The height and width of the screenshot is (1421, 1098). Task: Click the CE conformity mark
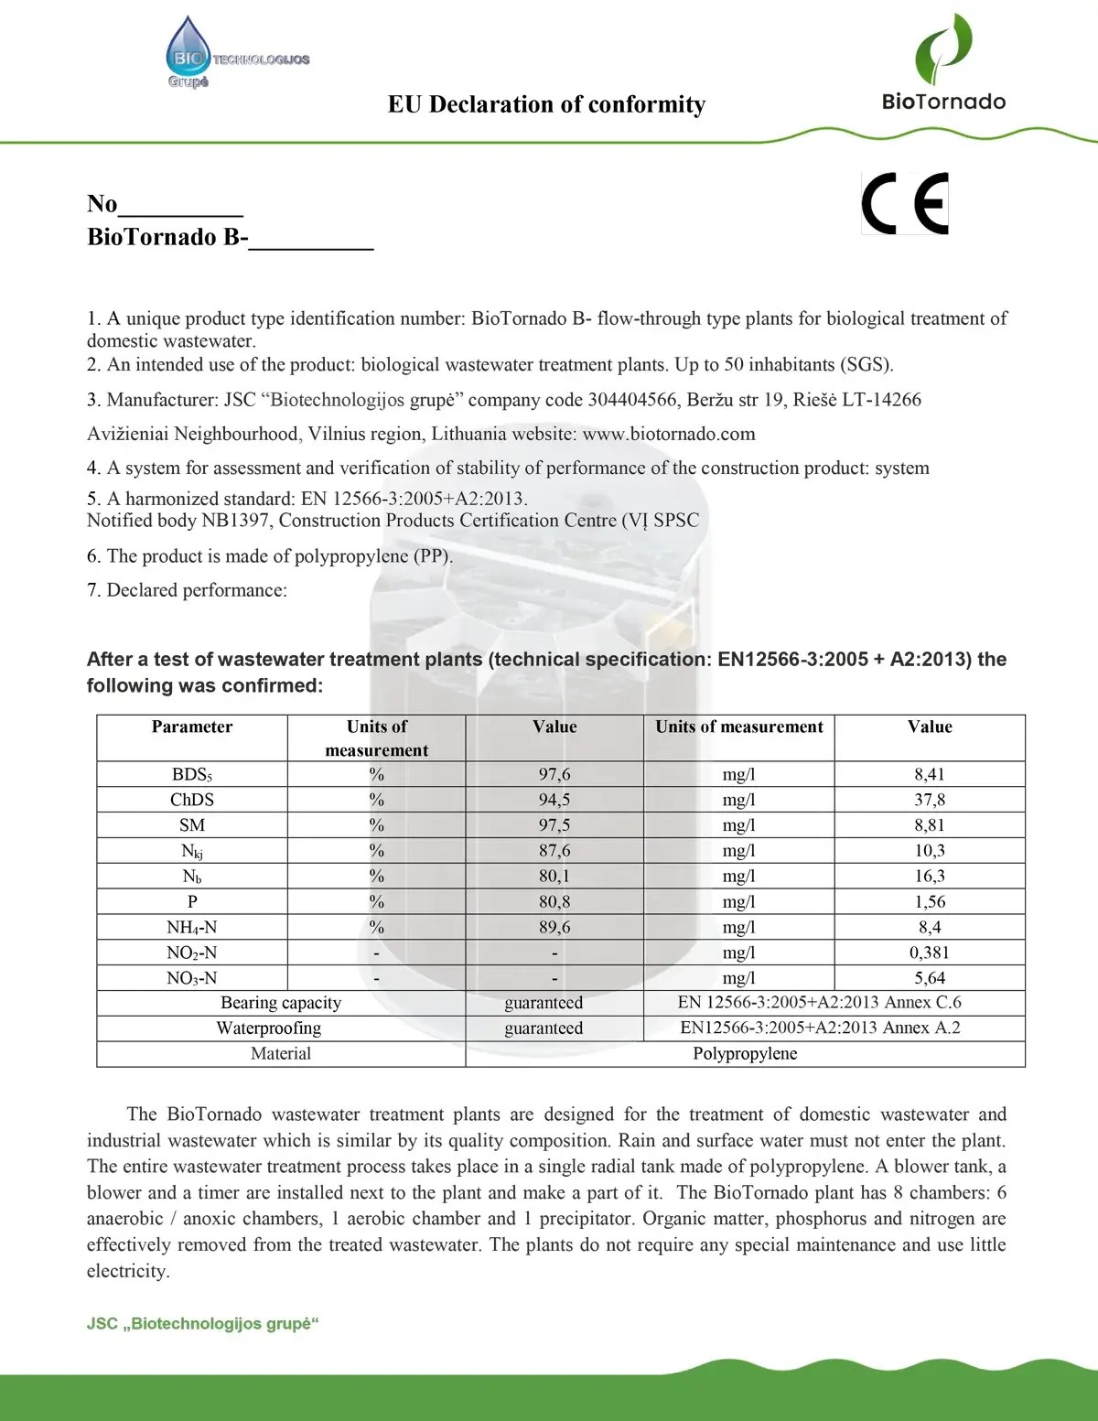pos(905,203)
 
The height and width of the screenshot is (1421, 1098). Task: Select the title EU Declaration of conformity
pos(546,104)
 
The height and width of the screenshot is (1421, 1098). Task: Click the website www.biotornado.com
pos(669,434)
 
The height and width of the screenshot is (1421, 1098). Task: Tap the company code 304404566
pos(632,400)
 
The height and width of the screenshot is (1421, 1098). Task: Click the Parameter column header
pos(192,727)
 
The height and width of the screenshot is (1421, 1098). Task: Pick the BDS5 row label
pos(192,775)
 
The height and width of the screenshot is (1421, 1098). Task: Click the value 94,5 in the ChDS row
pos(554,800)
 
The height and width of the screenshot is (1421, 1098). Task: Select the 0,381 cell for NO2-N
pos(930,953)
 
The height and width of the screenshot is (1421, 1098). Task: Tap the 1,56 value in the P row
pos(930,901)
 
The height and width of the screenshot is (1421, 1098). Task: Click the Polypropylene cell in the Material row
pos(745,1054)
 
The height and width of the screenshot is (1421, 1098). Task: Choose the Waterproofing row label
pos(269,1028)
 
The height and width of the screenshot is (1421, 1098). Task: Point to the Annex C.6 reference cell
pos(820,1003)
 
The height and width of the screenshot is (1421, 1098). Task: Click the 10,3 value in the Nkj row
pos(930,851)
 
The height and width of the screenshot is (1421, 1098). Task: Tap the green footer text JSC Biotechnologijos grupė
pos(203,1324)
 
